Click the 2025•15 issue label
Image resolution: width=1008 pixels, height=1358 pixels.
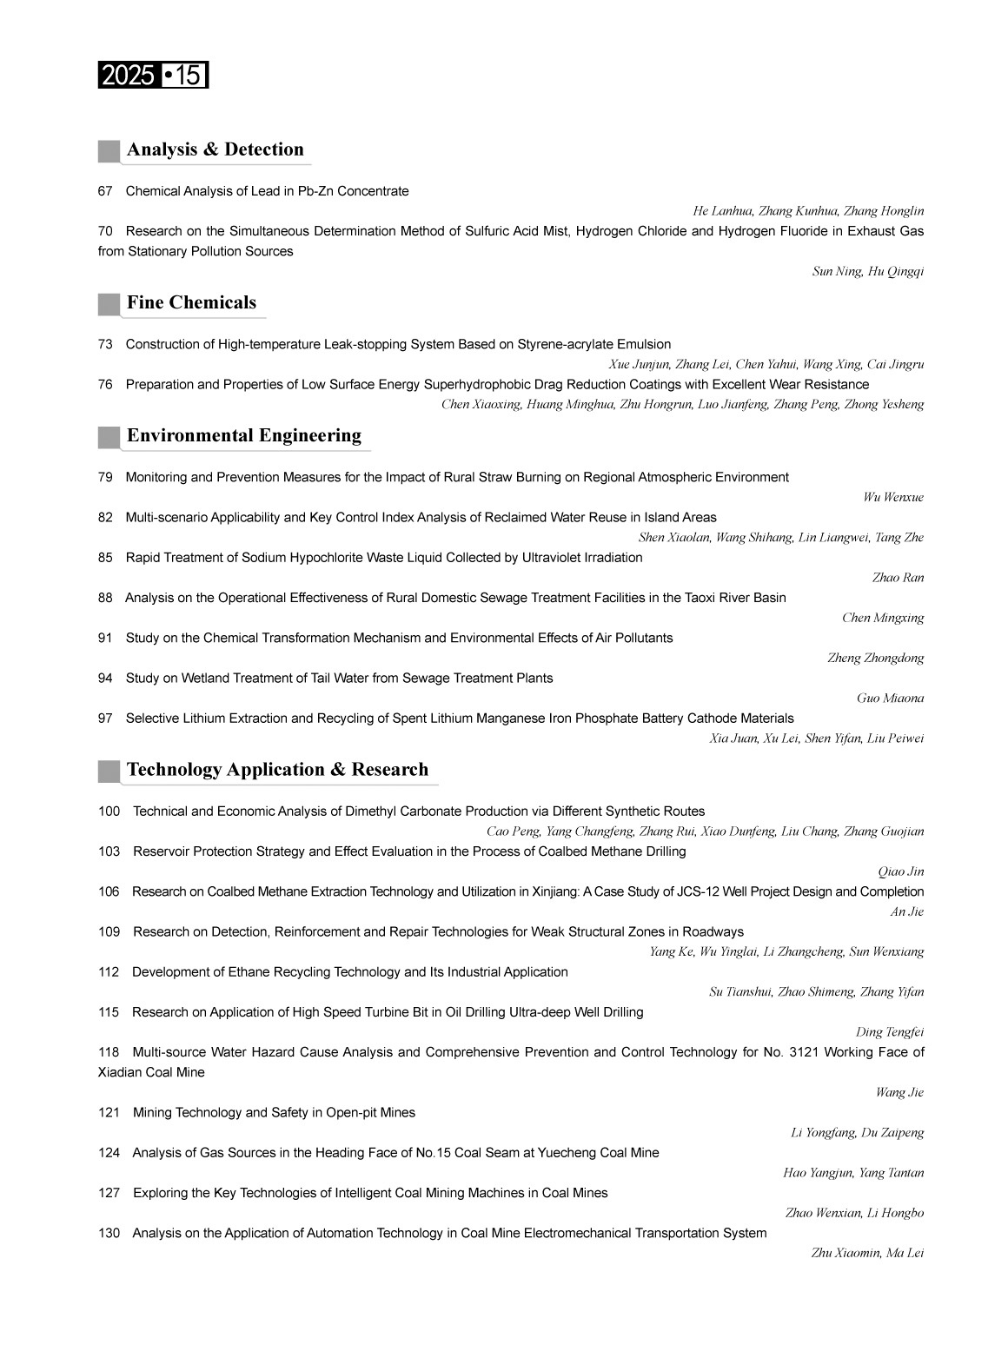coord(153,76)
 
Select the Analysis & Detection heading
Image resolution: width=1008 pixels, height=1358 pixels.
coord(215,149)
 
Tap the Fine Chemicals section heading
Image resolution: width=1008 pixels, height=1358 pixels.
coord(191,302)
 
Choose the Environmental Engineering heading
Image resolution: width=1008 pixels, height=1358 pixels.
coord(243,435)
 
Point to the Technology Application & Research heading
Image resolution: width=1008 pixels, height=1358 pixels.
coord(277,770)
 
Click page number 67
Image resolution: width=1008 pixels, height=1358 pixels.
coord(105,191)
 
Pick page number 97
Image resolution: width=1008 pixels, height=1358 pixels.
coord(105,719)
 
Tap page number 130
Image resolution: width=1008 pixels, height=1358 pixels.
coord(109,1233)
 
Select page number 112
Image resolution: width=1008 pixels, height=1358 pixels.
coord(109,971)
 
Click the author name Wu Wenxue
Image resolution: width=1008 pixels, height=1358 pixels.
coord(892,497)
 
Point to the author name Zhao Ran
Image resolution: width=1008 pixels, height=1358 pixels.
coord(898,578)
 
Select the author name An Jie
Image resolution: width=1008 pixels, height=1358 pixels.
coord(906,911)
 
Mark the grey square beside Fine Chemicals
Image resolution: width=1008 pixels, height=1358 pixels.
coord(109,304)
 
